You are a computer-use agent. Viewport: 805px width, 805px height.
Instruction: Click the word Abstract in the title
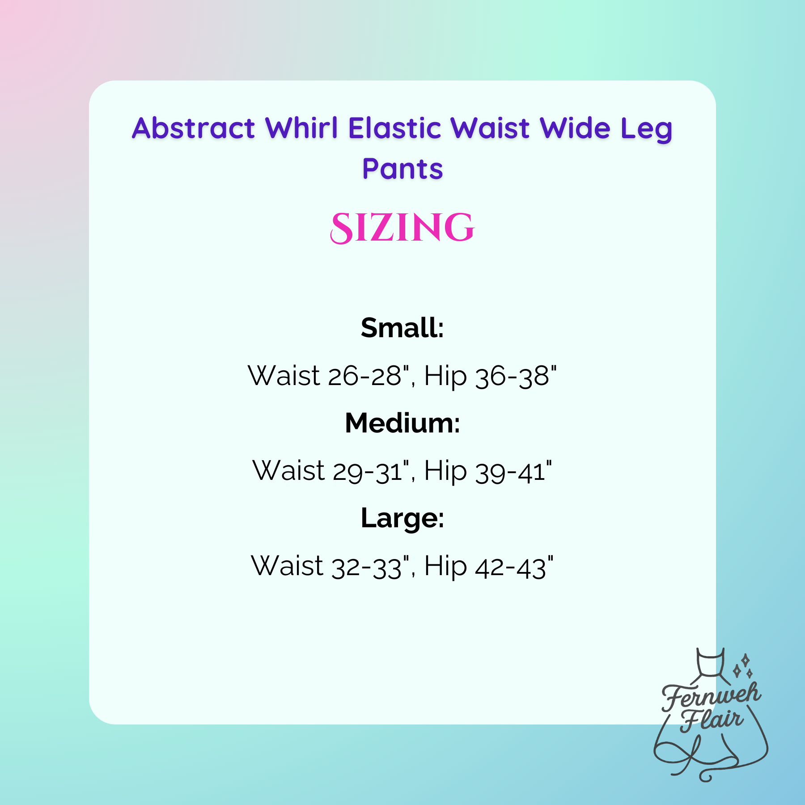click(193, 128)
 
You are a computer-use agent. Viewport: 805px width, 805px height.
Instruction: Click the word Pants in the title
click(402, 169)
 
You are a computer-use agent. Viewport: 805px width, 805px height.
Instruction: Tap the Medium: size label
click(402, 423)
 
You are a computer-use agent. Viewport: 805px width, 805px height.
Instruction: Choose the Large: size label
click(402, 519)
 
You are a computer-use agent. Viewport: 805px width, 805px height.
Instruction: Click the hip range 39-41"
click(513, 471)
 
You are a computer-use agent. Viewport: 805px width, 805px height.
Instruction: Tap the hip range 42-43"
click(514, 567)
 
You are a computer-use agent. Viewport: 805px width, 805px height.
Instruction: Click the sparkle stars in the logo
click(743, 666)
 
